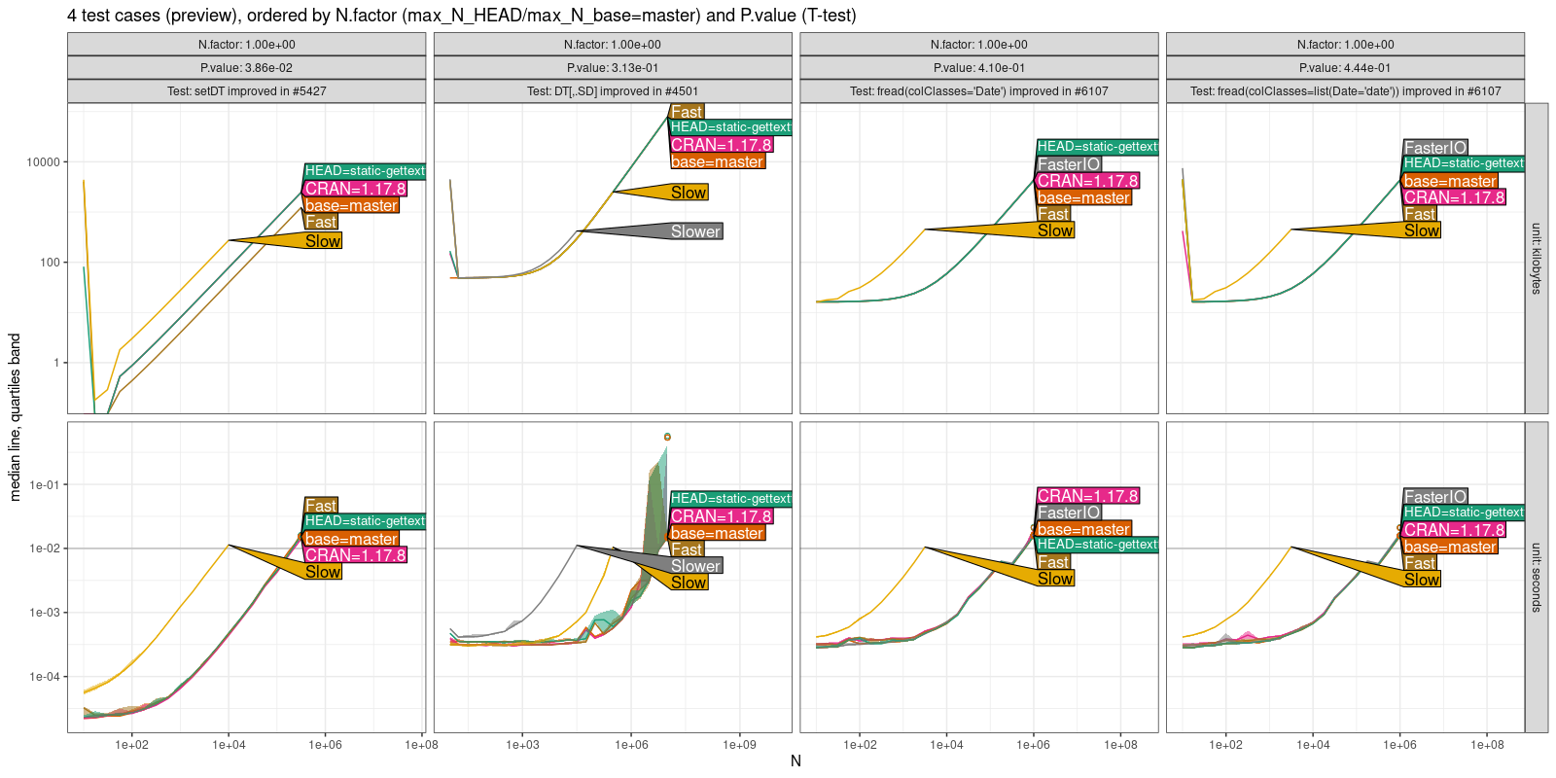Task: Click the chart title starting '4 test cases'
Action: tap(461, 16)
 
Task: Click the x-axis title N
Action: tap(796, 760)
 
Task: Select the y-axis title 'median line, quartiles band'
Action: tap(15, 417)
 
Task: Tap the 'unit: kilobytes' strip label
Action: tap(1537, 258)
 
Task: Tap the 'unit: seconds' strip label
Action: tap(1537, 577)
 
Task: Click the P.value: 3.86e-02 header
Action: tap(246, 68)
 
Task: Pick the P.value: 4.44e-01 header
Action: tap(1345, 68)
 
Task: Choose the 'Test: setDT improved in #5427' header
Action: tap(246, 91)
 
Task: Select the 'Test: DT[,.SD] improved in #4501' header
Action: tap(613, 91)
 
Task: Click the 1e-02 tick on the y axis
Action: tap(44, 548)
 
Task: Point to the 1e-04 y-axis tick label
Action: tap(44, 677)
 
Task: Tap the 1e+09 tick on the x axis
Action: tap(739, 745)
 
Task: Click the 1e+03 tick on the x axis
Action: tap(522, 745)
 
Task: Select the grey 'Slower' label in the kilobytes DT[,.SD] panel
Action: tap(695, 231)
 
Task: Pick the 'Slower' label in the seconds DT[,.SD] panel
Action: tap(695, 566)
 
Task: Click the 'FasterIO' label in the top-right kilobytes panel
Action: tap(1434, 148)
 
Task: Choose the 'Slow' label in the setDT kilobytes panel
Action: tap(322, 241)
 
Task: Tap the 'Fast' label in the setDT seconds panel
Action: tap(320, 506)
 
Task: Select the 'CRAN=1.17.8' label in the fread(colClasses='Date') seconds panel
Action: tap(1087, 496)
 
